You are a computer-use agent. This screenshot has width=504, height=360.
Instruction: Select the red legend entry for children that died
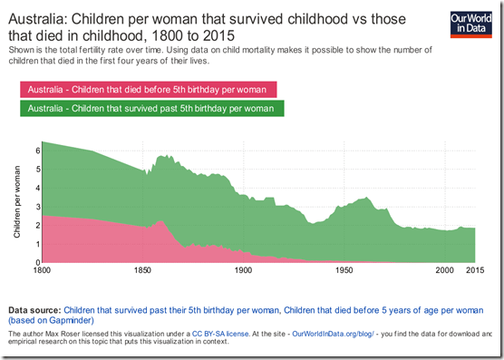coord(148,89)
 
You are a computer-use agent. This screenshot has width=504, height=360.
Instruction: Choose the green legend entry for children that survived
coord(150,109)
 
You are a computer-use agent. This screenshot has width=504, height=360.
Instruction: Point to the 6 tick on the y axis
coord(38,150)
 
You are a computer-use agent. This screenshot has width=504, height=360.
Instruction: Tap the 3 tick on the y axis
coord(38,207)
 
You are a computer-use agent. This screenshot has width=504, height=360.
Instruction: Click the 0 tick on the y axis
coord(38,263)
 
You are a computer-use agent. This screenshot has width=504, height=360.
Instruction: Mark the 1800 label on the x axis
coord(42,271)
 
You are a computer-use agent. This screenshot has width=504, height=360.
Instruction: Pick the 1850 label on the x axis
coord(142,271)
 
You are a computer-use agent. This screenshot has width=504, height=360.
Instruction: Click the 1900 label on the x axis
coord(243,271)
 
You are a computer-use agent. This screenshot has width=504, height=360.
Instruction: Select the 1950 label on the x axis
coord(344,271)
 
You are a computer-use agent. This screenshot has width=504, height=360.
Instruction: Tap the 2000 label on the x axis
coord(444,271)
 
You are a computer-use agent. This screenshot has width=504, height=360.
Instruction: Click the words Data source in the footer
coord(34,309)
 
